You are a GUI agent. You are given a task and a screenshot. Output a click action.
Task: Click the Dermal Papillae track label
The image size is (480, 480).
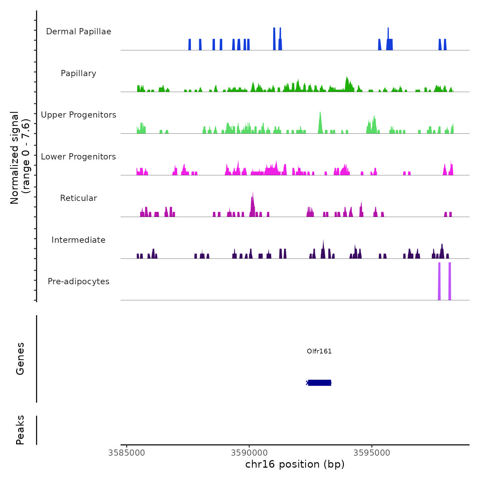tap(79, 32)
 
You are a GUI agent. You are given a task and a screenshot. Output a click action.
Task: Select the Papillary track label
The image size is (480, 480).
tap(79, 73)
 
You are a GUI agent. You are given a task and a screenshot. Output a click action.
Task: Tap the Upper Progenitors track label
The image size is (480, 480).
tap(79, 115)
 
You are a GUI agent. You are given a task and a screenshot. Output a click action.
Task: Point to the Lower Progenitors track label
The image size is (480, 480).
tap(79, 157)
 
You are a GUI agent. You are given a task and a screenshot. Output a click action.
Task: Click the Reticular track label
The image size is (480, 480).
tap(79, 198)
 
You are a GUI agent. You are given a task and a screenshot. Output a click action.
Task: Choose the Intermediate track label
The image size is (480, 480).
tap(79, 240)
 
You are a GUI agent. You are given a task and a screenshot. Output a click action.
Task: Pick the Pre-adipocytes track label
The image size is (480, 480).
tap(79, 281)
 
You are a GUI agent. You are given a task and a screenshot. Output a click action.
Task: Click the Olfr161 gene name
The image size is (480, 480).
tap(319, 351)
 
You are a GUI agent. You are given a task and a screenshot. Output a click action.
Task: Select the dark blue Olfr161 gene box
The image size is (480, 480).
tap(319, 383)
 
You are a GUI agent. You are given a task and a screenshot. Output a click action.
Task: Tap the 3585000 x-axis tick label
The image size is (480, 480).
tap(127, 453)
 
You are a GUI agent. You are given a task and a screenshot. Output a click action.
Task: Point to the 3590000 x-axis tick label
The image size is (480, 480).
tap(249, 453)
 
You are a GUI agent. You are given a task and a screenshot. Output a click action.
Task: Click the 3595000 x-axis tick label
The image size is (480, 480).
tap(372, 453)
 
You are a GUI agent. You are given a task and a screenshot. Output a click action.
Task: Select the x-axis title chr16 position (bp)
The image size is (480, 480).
tap(295, 465)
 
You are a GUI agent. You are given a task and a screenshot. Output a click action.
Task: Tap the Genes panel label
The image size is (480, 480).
tap(20, 359)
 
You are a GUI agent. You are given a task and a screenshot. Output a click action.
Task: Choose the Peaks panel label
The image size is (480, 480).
tap(20, 430)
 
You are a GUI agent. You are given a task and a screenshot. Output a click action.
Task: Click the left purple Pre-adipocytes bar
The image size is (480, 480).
tap(439, 281)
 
